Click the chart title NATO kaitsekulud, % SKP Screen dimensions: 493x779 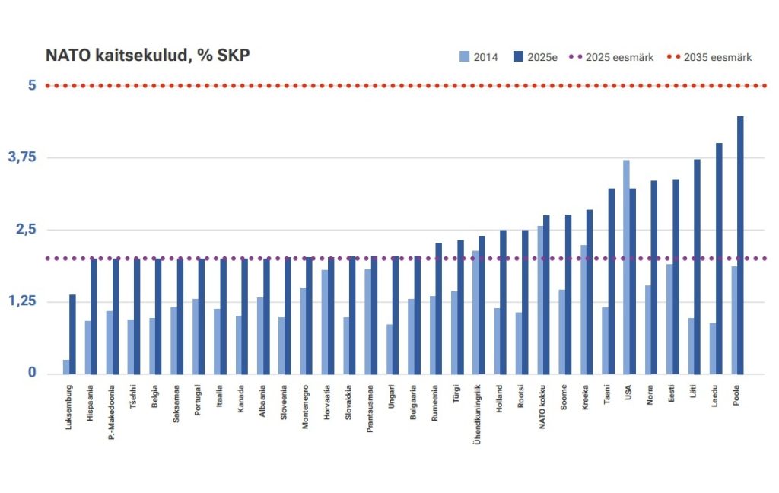[148, 56]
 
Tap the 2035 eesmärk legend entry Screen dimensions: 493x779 [709, 57]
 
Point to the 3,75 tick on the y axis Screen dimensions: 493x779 [22, 157]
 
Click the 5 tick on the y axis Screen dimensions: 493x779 [32, 85]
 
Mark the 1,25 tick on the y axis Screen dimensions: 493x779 [22, 302]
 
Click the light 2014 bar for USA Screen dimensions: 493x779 [626, 267]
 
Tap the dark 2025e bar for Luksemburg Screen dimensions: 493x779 [72, 334]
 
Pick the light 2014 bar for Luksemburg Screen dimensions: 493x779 [66, 367]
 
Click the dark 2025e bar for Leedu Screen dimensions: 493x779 [719, 259]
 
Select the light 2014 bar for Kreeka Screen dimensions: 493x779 [583, 309]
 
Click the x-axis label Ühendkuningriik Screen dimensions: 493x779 [479, 415]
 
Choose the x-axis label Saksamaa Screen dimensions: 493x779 [176, 404]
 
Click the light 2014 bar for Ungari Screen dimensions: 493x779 [389, 349]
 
